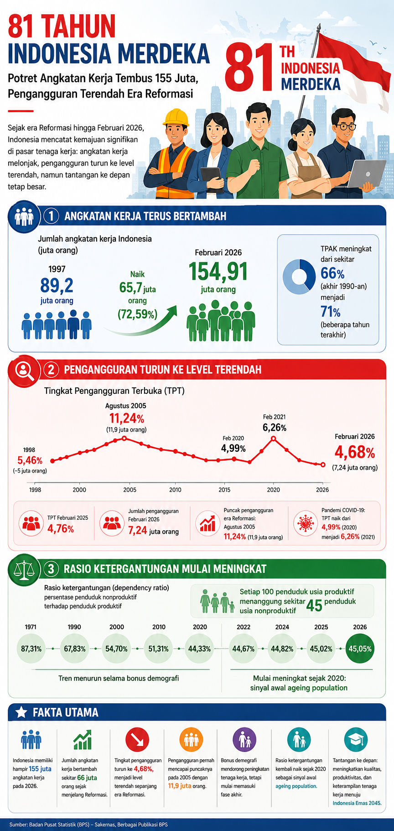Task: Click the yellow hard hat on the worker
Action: coord(176,117)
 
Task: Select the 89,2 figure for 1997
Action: coord(57,286)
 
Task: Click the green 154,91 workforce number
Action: coord(218,271)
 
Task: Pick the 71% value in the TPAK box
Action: coord(331,312)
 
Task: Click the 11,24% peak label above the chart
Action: coord(126,418)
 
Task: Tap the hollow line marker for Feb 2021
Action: coord(274,439)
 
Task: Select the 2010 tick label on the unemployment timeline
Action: coord(175,490)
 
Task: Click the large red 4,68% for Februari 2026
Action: coord(355,452)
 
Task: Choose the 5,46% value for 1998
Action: coord(30,460)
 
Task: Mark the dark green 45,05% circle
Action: coord(360,648)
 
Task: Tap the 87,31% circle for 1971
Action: coord(31,648)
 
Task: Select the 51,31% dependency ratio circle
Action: coord(159,648)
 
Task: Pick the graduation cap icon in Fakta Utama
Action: coord(356,740)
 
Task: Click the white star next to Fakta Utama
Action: coord(21,712)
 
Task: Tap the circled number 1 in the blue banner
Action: coord(51,216)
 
